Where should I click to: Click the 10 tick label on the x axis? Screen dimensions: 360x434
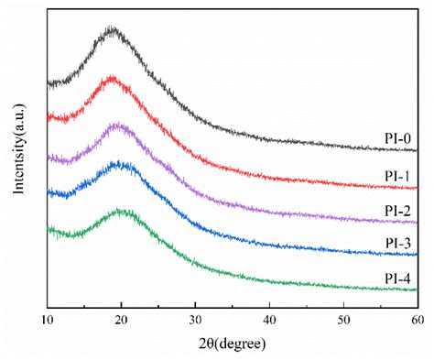tap(48, 320)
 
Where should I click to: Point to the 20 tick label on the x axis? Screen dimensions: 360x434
tap(122, 320)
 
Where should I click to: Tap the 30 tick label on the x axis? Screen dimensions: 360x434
tap(195, 320)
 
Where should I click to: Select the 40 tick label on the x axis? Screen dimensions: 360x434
tap(269, 320)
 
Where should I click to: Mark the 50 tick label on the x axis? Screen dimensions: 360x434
tap(343, 320)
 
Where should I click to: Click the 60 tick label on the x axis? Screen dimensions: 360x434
tap(417, 320)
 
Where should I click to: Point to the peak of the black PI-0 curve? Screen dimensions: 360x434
tap(113, 30)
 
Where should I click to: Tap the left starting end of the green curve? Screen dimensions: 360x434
tap(49, 230)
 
